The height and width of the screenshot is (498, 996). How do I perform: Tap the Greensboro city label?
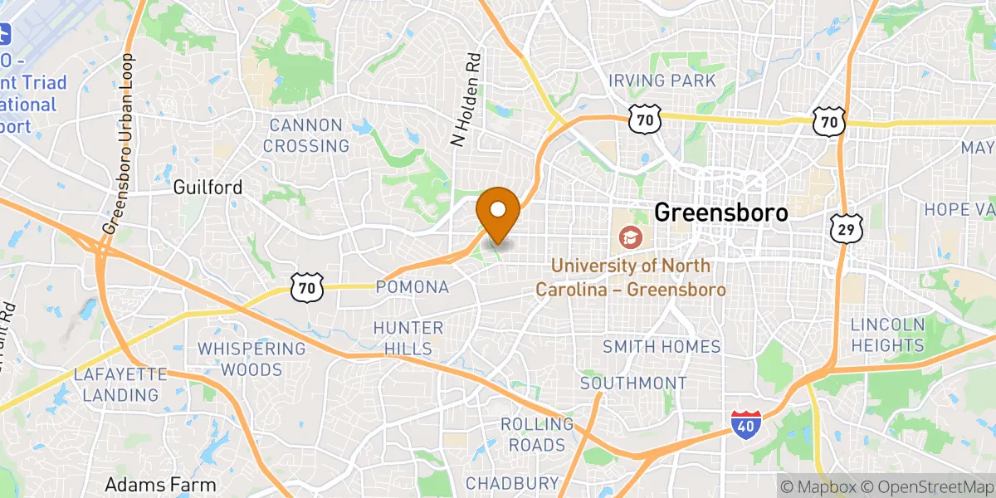click(x=720, y=212)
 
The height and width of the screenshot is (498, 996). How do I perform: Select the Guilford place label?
click(x=207, y=188)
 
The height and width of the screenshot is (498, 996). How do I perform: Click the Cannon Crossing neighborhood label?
click(x=306, y=136)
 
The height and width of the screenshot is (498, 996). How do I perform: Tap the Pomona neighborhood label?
click(x=413, y=287)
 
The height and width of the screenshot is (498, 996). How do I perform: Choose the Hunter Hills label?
click(x=408, y=338)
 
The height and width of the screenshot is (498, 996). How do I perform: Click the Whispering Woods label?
click(x=251, y=359)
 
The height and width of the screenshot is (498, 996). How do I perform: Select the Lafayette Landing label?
click(x=120, y=383)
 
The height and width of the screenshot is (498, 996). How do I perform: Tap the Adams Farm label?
click(x=160, y=485)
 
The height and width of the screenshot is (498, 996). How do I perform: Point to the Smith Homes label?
click(x=662, y=346)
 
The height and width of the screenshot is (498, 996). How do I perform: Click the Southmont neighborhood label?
click(x=633, y=383)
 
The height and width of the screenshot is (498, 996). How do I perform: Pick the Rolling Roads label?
click(x=537, y=434)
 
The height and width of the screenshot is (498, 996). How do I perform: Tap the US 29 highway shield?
click(x=846, y=228)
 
